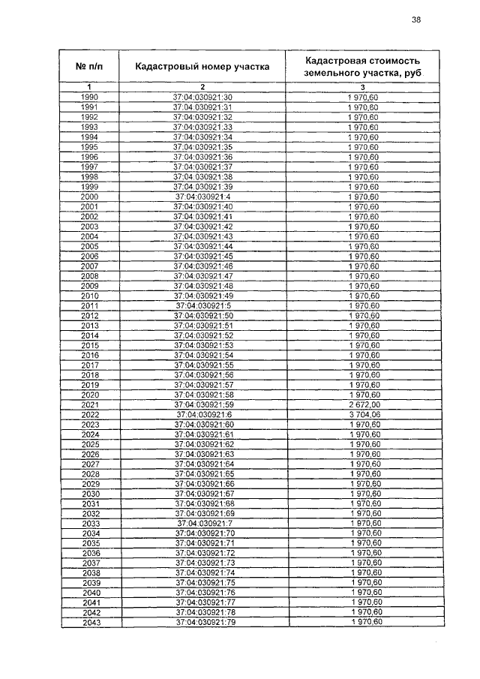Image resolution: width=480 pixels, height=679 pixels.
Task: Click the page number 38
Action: coord(416,20)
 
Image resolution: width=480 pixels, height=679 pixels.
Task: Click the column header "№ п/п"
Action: coord(89,66)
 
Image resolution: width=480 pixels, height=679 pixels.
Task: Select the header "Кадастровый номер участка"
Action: coord(202,66)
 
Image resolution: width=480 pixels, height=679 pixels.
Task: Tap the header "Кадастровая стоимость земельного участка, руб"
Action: coord(363,66)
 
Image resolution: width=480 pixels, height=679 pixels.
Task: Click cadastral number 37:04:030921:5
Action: coord(203,306)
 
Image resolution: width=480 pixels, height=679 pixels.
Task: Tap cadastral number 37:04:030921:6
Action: coord(204,415)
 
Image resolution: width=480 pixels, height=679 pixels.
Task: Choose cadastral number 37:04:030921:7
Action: coord(205,523)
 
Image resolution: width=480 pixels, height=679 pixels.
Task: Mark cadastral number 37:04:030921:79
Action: coord(205,622)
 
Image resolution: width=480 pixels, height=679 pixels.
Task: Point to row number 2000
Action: coord(89,197)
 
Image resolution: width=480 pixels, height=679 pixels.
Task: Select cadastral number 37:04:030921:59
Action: coord(204,404)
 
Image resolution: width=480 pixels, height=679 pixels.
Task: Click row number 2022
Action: coord(91,415)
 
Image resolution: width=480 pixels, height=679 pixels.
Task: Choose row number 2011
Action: coord(90,306)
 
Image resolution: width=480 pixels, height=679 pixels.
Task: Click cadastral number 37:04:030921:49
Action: coord(203,296)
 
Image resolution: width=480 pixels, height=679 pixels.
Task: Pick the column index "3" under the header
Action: coord(363,89)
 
